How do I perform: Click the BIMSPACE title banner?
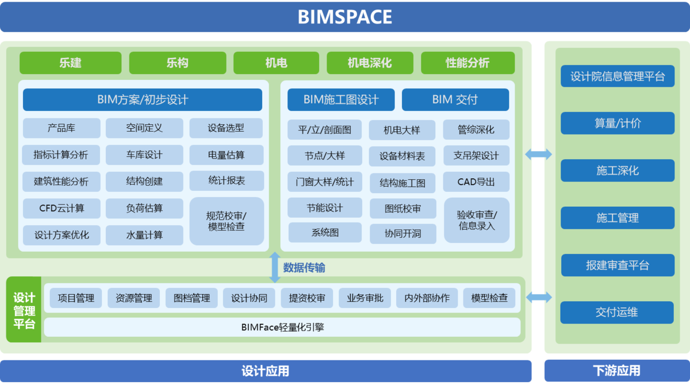tap(344, 16)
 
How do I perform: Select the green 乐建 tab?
tap(70, 63)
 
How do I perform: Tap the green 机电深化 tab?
tap(370, 63)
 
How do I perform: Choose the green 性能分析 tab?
tap(467, 63)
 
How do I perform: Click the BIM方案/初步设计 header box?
tap(142, 99)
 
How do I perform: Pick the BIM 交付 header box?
tap(455, 99)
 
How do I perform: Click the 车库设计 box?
tap(144, 155)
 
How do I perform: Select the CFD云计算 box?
tap(62, 208)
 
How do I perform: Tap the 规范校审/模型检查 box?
tap(226, 221)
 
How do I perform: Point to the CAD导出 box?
tap(476, 182)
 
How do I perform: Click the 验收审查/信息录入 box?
tap(477, 220)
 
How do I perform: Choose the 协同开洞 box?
tap(402, 234)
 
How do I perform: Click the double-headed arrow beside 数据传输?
tap(275, 267)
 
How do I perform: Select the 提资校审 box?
tap(306, 298)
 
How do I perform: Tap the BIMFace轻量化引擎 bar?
tap(282, 327)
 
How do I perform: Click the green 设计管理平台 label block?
tap(24, 310)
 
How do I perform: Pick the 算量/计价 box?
tap(618, 124)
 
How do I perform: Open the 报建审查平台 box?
tap(618, 265)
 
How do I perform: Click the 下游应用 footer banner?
tap(616, 371)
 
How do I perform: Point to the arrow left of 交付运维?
tap(539, 297)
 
